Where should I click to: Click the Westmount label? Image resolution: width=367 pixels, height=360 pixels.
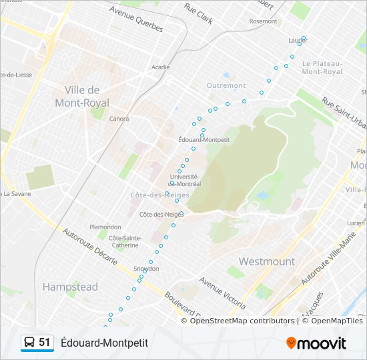coord(267,261)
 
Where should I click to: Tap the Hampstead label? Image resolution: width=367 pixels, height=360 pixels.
coord(70,287)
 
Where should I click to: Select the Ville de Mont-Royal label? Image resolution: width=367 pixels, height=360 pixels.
coord(83,96)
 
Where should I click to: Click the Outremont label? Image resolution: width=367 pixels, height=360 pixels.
coord(226,86)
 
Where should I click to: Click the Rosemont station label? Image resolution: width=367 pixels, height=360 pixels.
coord(263,21)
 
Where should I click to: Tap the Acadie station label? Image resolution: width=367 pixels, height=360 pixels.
coord(160,67)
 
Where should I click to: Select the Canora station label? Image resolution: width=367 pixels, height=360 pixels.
coord(119,119)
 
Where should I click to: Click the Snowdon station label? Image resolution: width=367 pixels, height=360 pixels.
coord(146,269)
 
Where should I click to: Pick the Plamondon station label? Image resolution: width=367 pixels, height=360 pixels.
coord(105,227)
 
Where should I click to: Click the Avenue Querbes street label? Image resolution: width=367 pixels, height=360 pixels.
coord(136,20)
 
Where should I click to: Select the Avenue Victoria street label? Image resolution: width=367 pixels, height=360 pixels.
coord(223,294)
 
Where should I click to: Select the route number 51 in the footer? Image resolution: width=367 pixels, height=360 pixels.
coord(45,343)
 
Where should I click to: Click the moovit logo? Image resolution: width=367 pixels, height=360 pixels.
coord(316,343)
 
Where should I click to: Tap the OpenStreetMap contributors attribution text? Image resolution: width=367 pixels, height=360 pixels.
coord(242,321)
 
